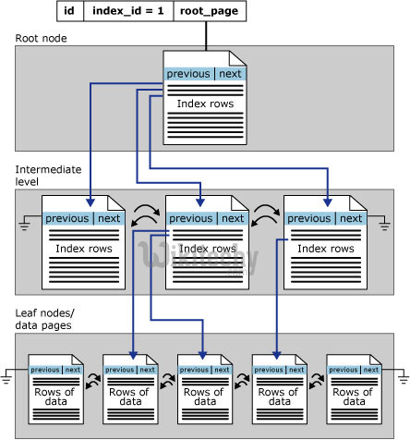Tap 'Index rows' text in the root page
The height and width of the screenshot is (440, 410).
coord(208,104)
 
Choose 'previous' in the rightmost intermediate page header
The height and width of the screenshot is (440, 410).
coord(308,218)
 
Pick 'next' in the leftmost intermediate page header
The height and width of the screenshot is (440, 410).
coord(110,218)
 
